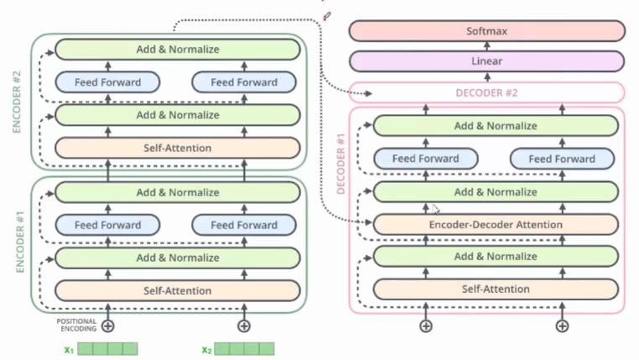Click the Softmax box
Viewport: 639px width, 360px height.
[x=487, y=31]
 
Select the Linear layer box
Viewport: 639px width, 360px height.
[x=487, y=61]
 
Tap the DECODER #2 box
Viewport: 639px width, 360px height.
[x=487, y=92]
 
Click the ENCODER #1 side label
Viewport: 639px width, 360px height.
[x=18, y=243]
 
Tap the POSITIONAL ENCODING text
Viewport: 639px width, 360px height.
[x=76, y=325]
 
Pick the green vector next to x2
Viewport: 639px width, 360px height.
[x=245, y=348]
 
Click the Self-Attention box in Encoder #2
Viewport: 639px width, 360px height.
[x=177, y=148]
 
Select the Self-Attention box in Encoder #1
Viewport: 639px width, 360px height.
[x=177, y=290]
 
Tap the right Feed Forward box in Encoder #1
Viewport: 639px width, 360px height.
[x=244, y=225]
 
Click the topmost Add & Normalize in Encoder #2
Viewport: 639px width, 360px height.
[x=177, y=50]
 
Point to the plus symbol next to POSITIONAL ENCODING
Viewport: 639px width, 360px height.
[x=107, y=326]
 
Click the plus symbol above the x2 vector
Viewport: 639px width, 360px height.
[x=244, y=326]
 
